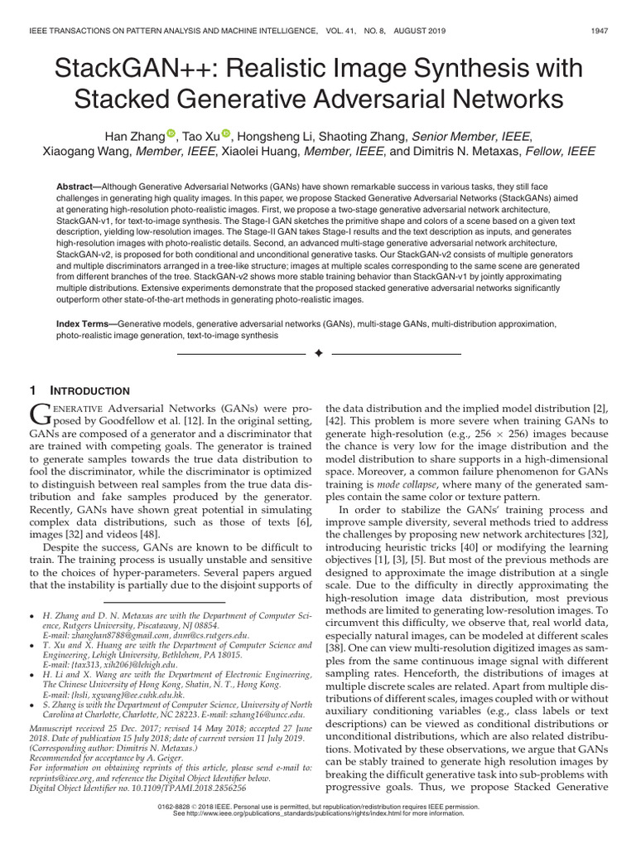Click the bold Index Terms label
(x=84, y=326)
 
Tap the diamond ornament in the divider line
(x=318, y=353)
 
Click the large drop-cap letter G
(x=41, y=415)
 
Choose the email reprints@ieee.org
(x=61, y=779)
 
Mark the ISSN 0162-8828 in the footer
(x=185, y=805)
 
